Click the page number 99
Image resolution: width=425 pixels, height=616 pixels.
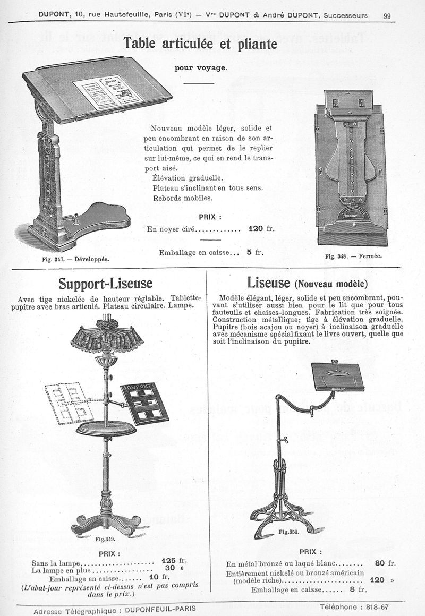[387, 15]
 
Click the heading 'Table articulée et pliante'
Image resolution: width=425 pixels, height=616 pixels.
[200, 44]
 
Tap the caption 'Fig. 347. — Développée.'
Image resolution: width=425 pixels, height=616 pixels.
[75, 259]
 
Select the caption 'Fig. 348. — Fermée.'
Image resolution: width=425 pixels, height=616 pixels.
[353, 256]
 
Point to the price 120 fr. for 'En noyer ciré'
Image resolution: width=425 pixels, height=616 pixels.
[260, 229]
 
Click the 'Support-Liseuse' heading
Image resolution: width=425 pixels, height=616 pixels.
[105, 283]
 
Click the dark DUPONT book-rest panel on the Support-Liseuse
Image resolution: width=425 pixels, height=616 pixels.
[144, 404]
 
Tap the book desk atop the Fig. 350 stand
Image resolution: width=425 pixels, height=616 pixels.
[337, 375]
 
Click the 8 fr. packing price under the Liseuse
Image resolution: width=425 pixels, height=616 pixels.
[359, 589]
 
